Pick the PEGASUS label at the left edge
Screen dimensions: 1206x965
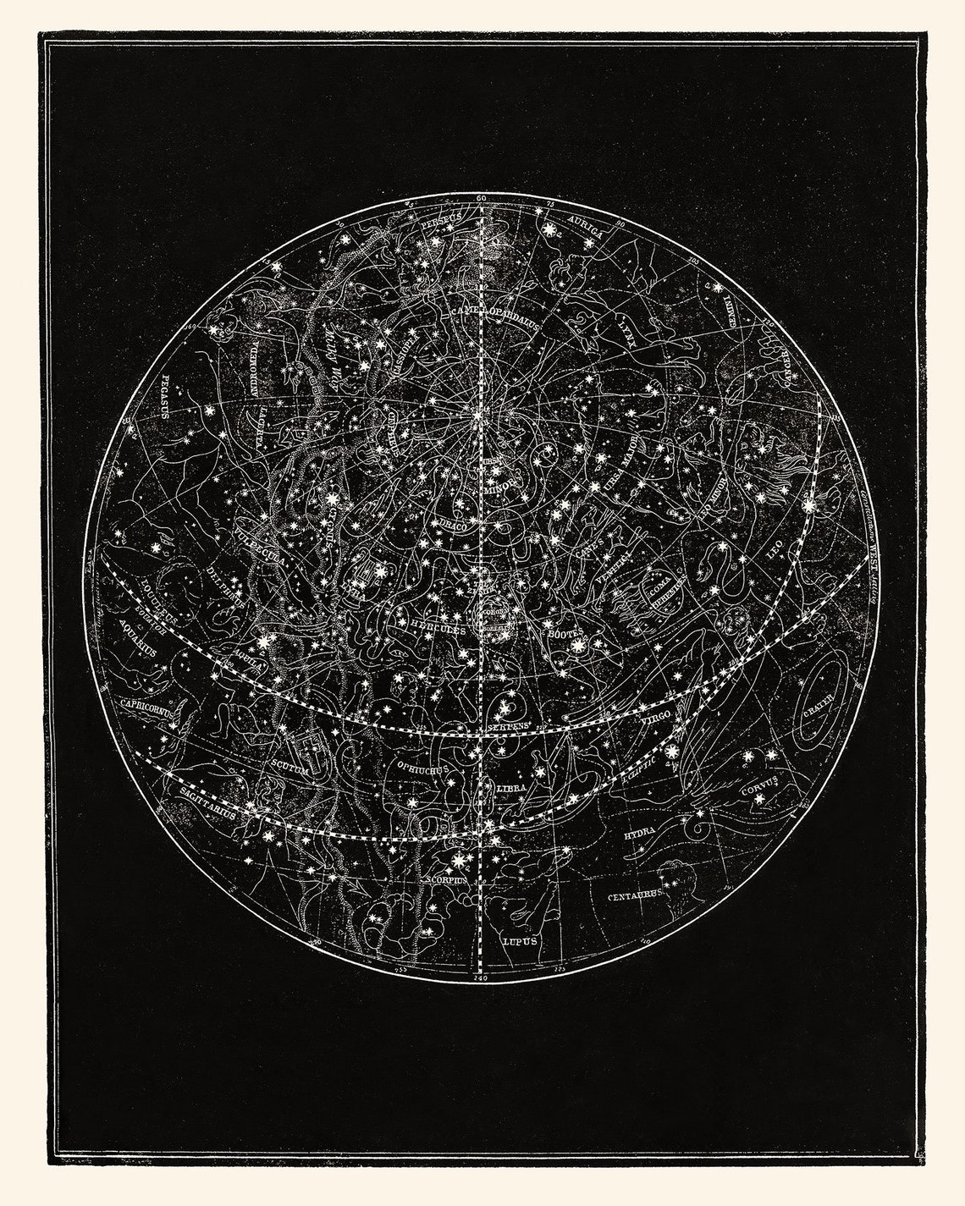pos(167,397)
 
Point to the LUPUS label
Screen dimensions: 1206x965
pos(519,939)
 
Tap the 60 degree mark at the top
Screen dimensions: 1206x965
pos(482,197)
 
